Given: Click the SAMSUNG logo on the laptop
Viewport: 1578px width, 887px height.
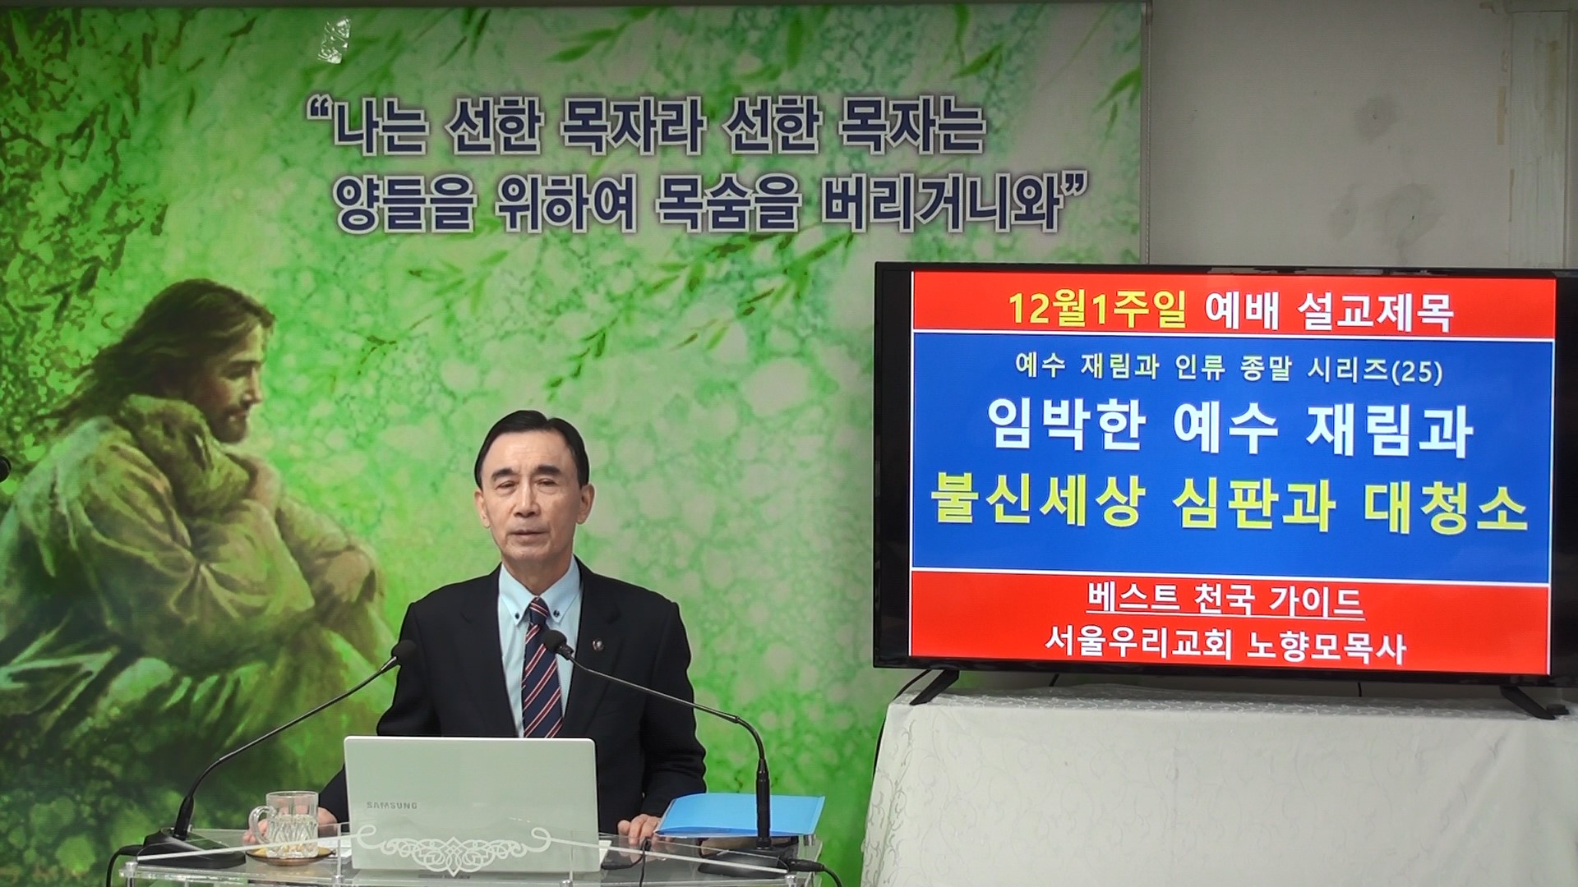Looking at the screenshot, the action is (391, 805).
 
